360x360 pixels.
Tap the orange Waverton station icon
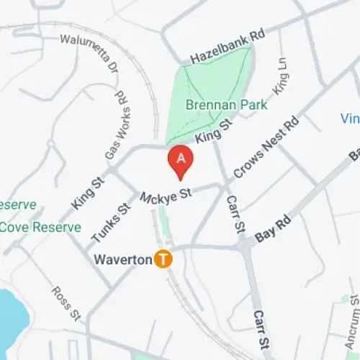pos(164,259)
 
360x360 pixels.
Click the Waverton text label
pos(124,259)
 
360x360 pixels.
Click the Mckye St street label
pos(166,195)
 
